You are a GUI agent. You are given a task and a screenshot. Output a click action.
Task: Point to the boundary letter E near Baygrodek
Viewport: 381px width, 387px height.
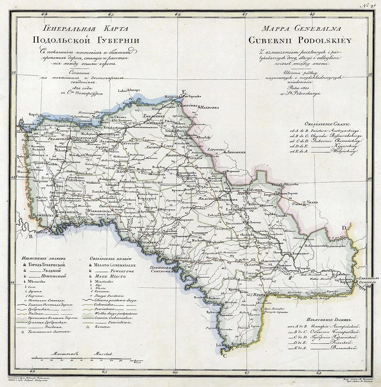click(184, 92)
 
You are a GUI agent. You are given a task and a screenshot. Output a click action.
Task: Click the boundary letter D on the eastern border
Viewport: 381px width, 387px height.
click(344, 228)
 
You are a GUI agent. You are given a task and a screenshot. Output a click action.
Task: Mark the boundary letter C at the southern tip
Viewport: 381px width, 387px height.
click(225, 356)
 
